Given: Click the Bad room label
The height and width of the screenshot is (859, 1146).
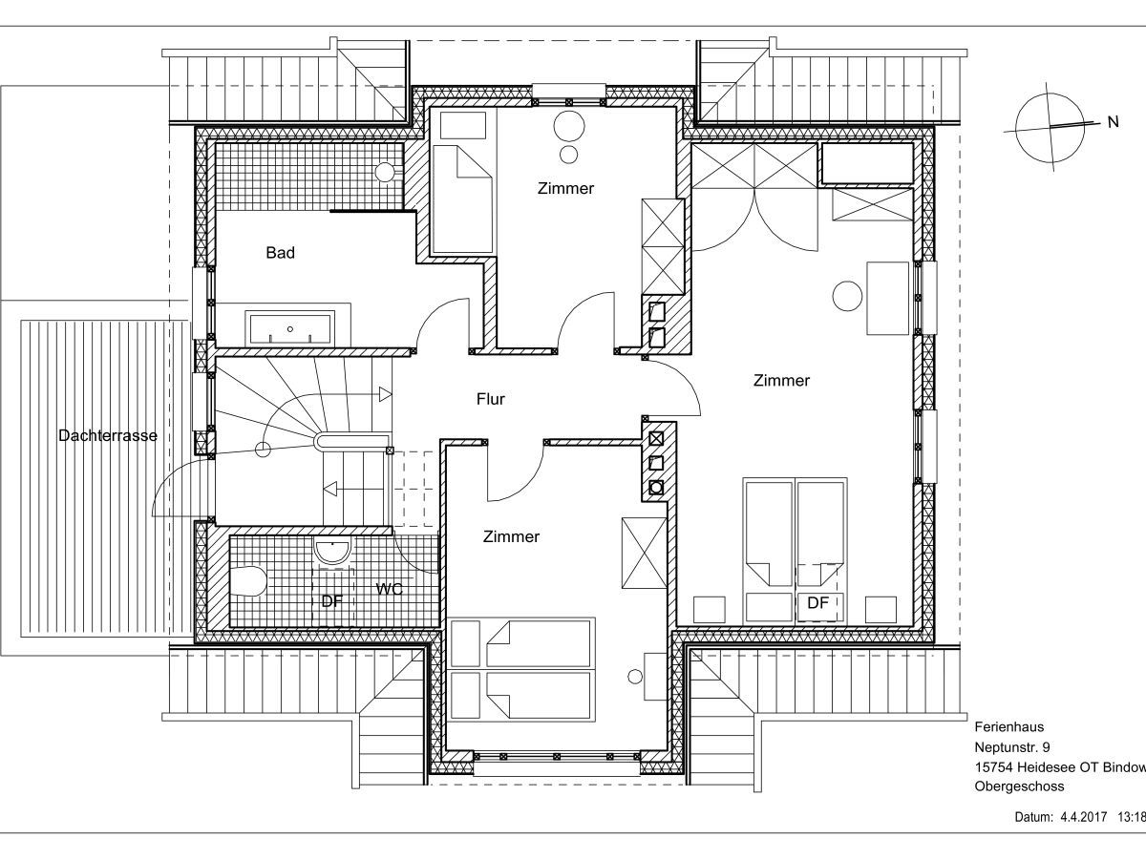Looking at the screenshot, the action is (x=281, y=253).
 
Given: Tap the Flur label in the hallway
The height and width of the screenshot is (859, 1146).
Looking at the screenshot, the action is (x=491, y=400).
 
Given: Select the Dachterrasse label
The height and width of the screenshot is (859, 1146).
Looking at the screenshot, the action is (x=108, y=435).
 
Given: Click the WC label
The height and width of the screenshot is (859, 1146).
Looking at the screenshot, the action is (x=390, y=589).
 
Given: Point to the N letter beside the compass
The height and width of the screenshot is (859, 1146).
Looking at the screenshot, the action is (x=1114, y=122).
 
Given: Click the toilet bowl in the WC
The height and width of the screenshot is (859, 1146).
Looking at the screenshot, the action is (x=248, y=581).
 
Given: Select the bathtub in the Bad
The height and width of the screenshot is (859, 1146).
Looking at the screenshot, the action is (x=290, y=328).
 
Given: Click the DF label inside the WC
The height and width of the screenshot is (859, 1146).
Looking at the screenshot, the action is (x=332, y=601).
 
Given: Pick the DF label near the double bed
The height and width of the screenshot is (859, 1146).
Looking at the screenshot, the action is (x=817, y=603).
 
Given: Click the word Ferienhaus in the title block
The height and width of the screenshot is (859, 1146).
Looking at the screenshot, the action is (x=1009, y=727).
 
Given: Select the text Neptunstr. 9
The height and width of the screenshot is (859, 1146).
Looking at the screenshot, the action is (x=1011, y=747).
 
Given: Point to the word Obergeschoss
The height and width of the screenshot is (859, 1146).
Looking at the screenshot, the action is (x=1019, y=786).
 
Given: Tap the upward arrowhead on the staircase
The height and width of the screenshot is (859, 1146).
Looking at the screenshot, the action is (x=385, y=394).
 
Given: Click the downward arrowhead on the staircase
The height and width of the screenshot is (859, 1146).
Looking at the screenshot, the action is (x=330, y=490).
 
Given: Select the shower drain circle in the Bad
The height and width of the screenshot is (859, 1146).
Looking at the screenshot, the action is (x=385, y=171).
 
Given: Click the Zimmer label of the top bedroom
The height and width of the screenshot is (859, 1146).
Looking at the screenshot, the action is (x=566, y=188).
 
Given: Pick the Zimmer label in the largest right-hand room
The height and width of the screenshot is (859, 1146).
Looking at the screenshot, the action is (x=781, y=381).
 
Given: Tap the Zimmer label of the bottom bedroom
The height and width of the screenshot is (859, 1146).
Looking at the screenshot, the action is (x=511, y=536).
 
